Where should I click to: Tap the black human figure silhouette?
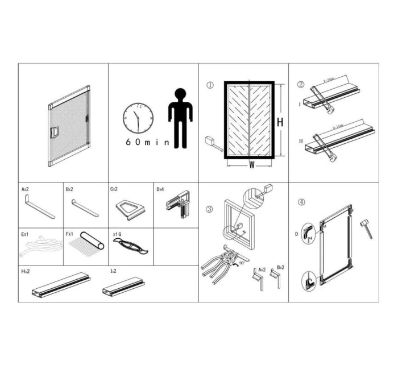coord(180,117)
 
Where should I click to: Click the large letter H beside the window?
coord(279,122)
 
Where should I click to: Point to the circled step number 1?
coord(209,86)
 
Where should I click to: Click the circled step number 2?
coord(301,85)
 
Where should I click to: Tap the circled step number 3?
coord(209,209)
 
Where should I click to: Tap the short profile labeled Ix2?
coord(123,287)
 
